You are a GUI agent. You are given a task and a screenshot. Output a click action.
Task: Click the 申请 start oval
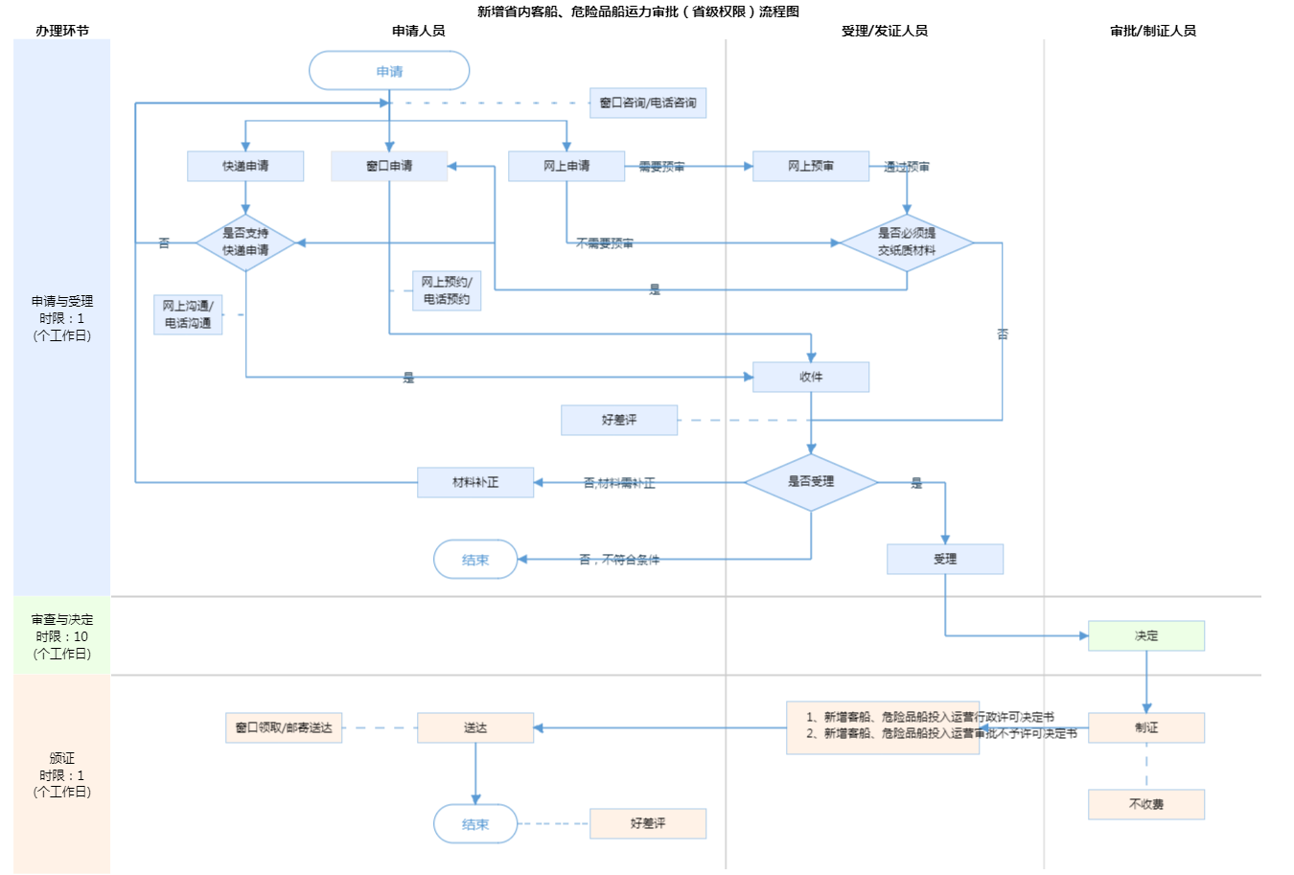(389, 71)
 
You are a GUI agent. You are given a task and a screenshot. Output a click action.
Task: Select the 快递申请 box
(245, 166)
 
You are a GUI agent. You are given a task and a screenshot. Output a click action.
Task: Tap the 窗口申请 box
(389, 166)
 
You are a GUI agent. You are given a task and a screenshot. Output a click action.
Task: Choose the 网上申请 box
(566, 166)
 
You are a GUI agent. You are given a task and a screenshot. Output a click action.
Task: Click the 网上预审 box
(811, 166)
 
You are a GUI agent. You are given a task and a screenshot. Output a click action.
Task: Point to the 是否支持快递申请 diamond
(245, 242)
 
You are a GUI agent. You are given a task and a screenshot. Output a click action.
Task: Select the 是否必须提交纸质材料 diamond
(907, 242)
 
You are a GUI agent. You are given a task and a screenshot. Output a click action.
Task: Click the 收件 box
(811, 377)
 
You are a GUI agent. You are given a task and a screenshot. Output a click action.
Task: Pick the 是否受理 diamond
(811, 482)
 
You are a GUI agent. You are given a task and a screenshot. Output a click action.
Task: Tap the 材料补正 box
(475, 482)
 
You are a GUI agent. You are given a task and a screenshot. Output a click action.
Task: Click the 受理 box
(945, 559)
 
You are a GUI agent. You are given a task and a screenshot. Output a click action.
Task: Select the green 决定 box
(1146, 635)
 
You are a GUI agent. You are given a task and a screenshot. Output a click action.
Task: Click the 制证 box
(1146, 727)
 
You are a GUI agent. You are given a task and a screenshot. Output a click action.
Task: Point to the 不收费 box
(1146, 804)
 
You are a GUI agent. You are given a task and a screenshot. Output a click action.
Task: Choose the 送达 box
(475, 727)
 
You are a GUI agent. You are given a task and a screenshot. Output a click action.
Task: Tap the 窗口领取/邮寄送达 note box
(284, 727)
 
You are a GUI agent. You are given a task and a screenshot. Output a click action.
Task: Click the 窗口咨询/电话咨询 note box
(648, 103)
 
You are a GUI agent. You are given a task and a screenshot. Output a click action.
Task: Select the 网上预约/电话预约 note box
(447, 290)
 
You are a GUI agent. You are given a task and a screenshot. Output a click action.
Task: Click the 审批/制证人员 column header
(1153, 31)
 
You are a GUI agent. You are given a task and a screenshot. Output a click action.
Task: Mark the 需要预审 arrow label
(661, 167)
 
